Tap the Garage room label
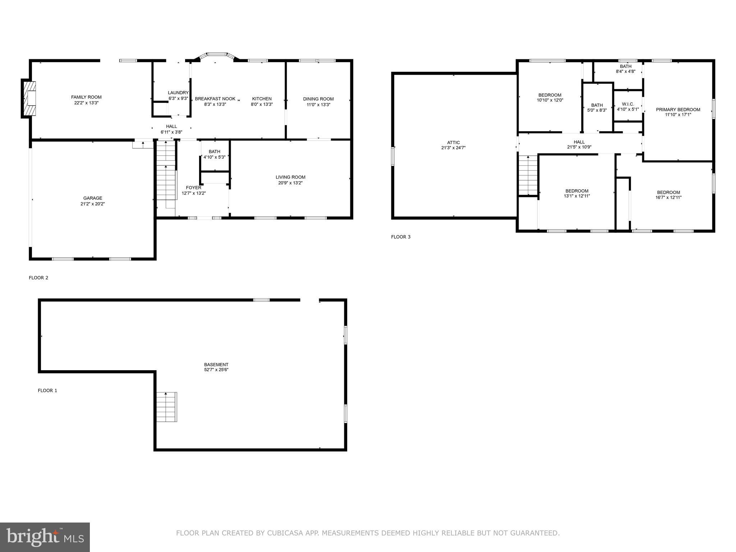pos(92,198)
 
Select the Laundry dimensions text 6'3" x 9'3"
pos(178,98)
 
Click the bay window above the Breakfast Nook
pos(216,55)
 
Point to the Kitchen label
pos(262,99)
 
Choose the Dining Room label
pos(318,99)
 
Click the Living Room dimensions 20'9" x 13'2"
pos(290,183)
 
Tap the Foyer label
pos(193,188)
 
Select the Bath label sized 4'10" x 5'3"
pos(214,152)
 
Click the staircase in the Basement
pos(166,407)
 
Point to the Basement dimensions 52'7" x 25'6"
pos(216,370)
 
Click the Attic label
pos(453,142)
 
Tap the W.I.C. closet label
pos(628,104)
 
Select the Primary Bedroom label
pos(678,110)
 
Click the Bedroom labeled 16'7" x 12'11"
pos(668,192)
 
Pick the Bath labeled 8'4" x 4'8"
pos(625,66)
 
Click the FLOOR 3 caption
pos(400,237)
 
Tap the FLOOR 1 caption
pos(47,390)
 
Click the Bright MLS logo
pos(45,537)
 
